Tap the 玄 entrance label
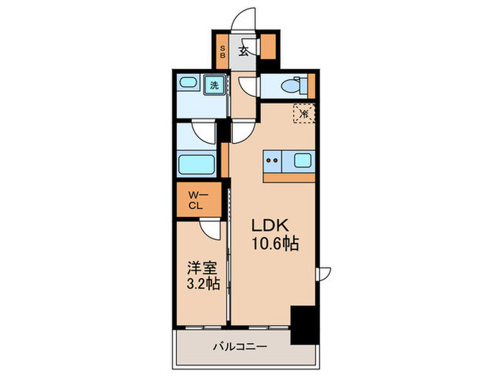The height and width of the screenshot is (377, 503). [x=244, y=51]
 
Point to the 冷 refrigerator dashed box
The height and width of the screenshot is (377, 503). [x=304, y=113]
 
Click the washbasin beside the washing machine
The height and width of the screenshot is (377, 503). [x=188, y=84]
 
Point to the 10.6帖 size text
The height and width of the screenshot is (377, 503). [x=274, y=243]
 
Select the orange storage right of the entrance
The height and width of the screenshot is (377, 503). [x=268, y=47]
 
